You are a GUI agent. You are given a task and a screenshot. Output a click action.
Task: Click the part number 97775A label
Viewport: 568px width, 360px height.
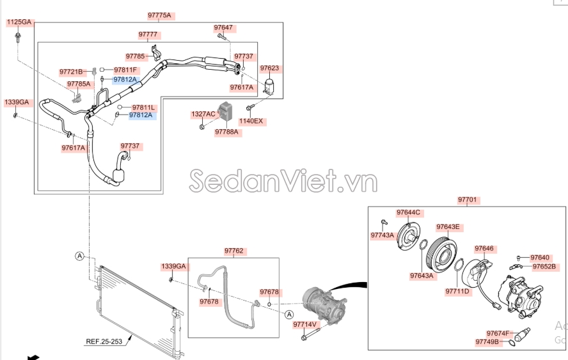159,15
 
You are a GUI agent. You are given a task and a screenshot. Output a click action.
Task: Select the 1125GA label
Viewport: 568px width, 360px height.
19,22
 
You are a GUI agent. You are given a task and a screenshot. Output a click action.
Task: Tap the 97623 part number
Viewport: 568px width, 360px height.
269,68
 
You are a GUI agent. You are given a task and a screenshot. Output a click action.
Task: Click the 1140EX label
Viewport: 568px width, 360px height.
251,121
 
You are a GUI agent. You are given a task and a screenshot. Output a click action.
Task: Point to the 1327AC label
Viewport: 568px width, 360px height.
203,114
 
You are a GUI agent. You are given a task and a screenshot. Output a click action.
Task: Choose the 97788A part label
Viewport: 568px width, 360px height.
226,132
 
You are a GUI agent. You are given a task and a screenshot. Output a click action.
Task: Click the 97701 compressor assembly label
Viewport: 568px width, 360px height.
467,200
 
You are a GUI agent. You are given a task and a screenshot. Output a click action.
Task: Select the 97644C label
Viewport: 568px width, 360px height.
408,212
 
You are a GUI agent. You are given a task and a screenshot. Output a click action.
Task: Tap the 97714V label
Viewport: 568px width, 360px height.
306,325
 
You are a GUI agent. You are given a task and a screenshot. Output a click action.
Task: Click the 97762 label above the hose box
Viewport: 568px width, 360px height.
235,251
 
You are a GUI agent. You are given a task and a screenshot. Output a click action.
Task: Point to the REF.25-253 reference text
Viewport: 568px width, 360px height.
105,341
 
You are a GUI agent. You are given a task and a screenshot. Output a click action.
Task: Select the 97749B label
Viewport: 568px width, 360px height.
487,342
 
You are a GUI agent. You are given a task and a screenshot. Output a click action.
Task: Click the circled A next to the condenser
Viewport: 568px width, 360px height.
79,256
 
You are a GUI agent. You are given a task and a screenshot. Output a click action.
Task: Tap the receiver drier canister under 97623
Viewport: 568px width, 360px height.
271,88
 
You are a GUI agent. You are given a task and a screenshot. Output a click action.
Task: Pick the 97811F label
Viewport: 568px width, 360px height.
126,70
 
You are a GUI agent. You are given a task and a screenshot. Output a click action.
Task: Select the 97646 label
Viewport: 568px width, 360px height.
484,248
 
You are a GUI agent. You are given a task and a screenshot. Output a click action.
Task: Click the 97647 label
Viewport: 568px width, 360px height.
223,28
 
